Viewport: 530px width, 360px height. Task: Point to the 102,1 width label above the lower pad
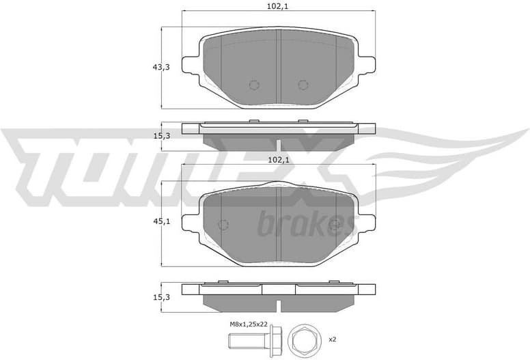tap(279, 161)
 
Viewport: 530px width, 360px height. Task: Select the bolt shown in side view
tap(253, 340)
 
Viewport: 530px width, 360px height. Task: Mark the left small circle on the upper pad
tap(254, 85)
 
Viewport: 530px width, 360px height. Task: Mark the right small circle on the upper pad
tap(303, 85)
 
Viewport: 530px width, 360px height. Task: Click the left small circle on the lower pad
tap(223, 225)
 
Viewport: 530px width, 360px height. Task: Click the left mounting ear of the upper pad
tap(191, 64)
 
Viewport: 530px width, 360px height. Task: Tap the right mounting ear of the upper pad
tap(366, 64)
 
